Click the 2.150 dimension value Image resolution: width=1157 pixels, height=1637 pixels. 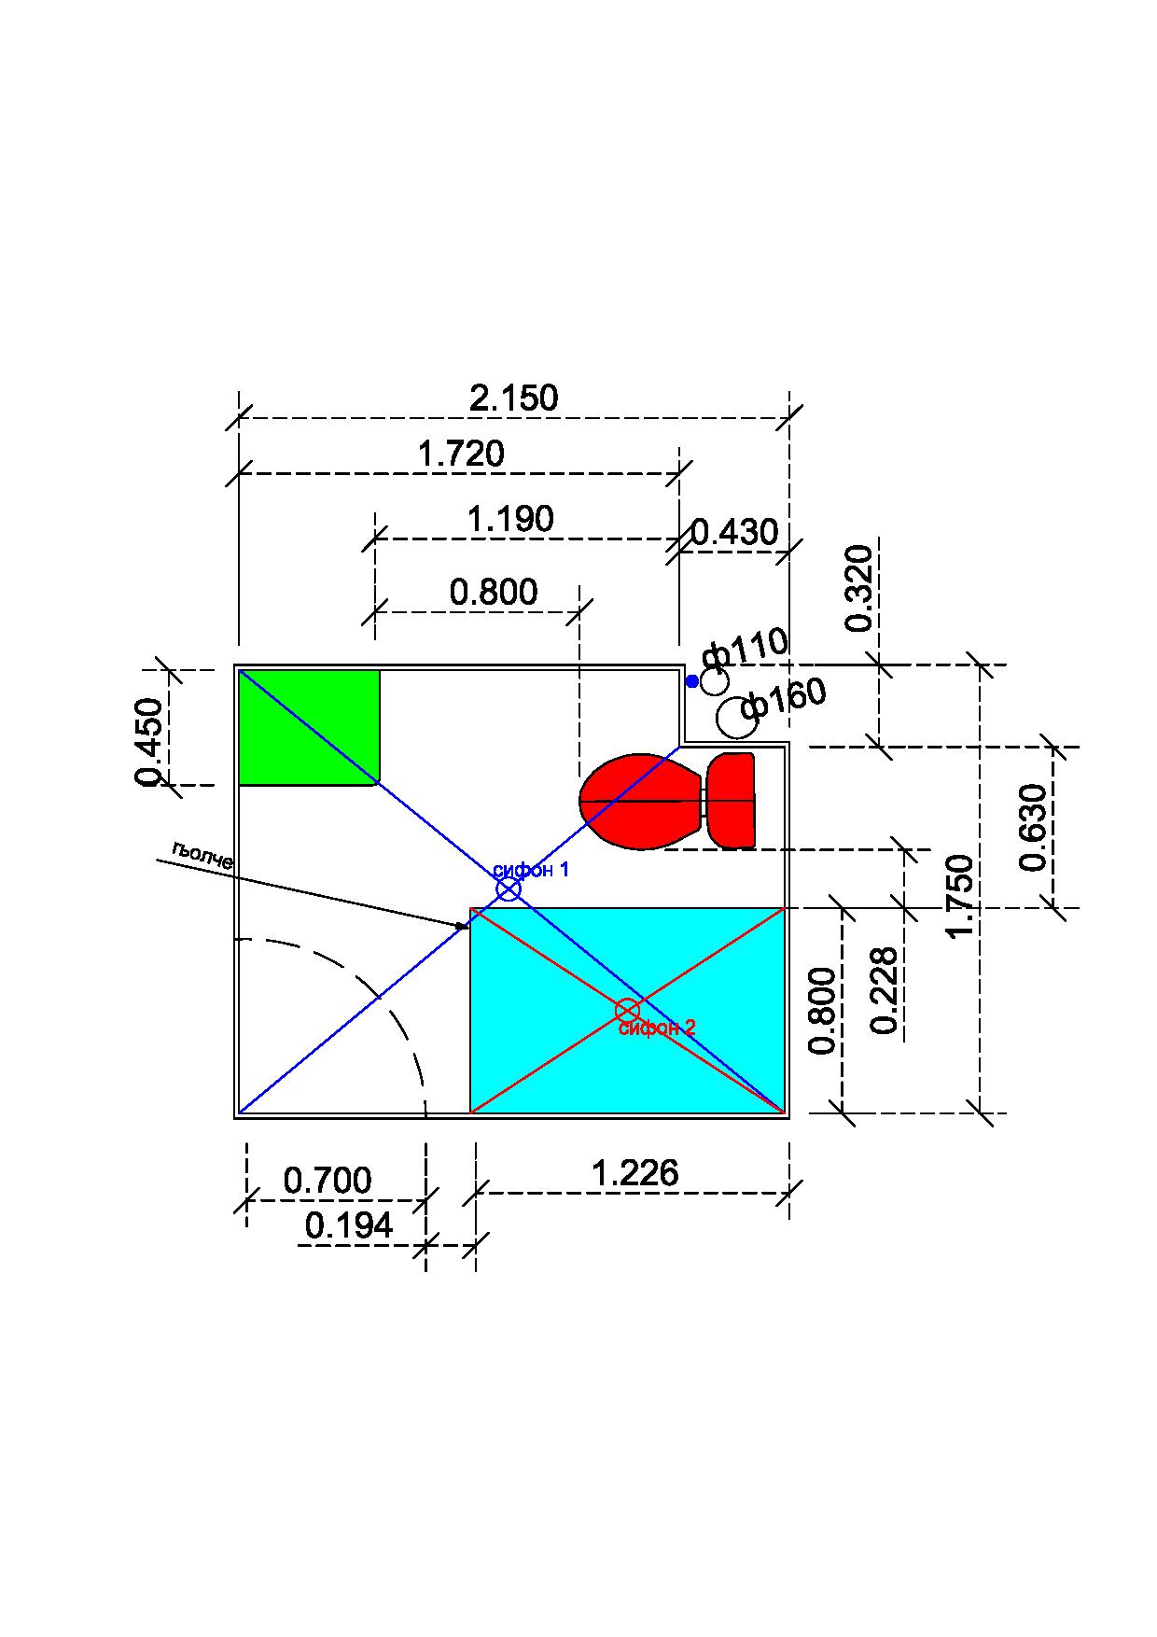tap(514, 399)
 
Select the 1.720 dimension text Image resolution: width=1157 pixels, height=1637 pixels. tap(461, 455)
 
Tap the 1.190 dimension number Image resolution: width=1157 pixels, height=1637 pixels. tap(510, 519)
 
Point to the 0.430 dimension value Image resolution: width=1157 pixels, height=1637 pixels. tap(734, 532)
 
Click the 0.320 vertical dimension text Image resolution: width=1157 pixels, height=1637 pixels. tap(858, 588)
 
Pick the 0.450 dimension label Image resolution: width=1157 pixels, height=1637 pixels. tap(149, 742)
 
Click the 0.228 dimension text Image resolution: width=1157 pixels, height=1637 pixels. tap(884, 990)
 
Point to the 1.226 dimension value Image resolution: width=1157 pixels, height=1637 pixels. tap(635, 1173)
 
